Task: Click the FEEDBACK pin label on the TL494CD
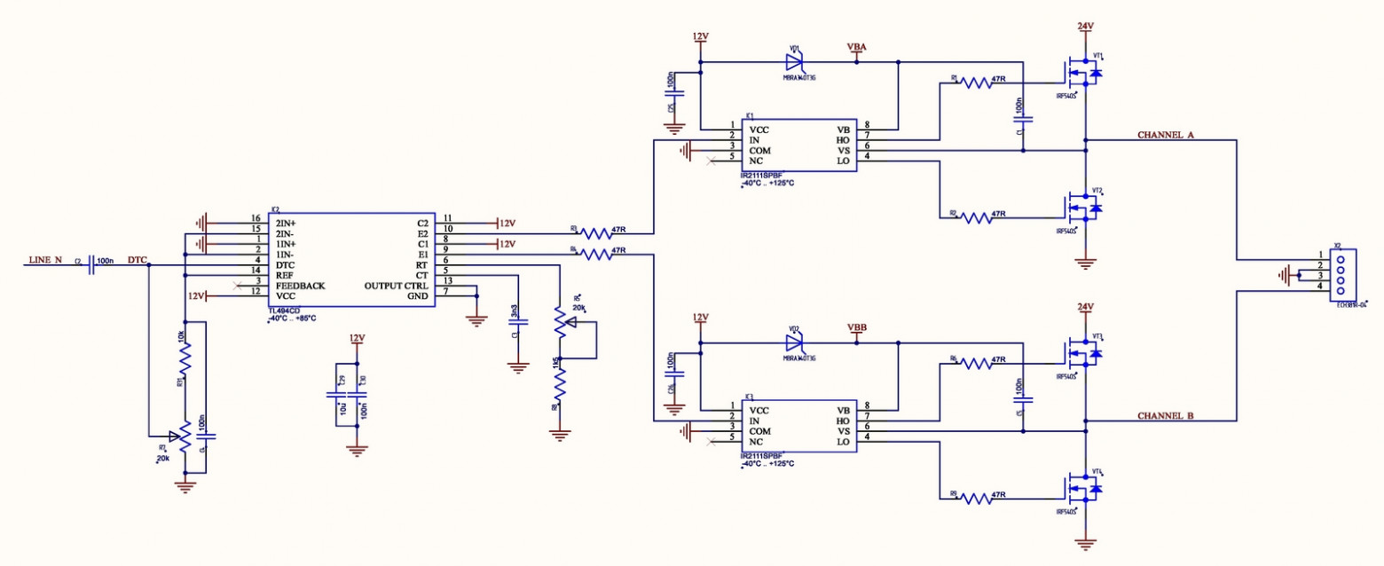[x=300, y=287]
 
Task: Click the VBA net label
[x=857, y=46]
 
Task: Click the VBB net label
[x=857, y=326]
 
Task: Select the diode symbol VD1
[x=794, y=62]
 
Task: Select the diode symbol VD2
[x=794, y=342]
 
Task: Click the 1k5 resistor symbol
[x=559, y=383]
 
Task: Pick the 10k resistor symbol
[x=185, y=359]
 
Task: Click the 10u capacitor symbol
[x=337, y=397]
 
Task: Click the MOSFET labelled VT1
[x=1084, y=73]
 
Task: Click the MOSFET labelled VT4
[x=1084, y=488]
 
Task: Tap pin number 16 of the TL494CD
[x=256, y=219]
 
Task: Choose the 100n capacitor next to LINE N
[x=92, y=265]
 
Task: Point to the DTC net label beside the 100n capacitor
[x=138, y=260]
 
